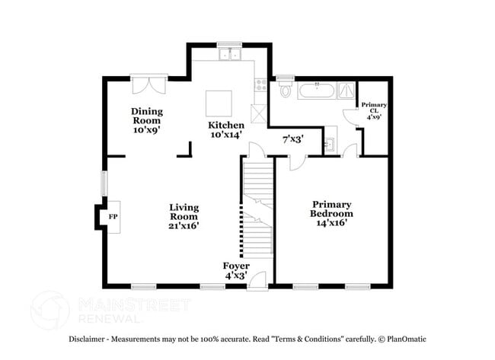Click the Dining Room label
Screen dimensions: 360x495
point(148,120)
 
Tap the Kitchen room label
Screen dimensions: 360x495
point(226,129)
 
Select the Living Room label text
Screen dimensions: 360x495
point(184,215)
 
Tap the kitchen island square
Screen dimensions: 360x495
point(219,102)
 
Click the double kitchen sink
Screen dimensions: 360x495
point(228,54)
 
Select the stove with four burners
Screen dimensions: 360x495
point(260,85)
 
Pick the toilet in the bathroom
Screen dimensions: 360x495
point(286,91)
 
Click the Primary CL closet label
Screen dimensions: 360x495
point(374,110)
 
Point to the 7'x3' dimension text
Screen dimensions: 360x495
point(293,139)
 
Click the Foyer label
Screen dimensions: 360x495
point(235,270)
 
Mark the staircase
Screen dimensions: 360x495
point(258,205)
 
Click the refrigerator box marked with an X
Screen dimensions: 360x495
point(260,113)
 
